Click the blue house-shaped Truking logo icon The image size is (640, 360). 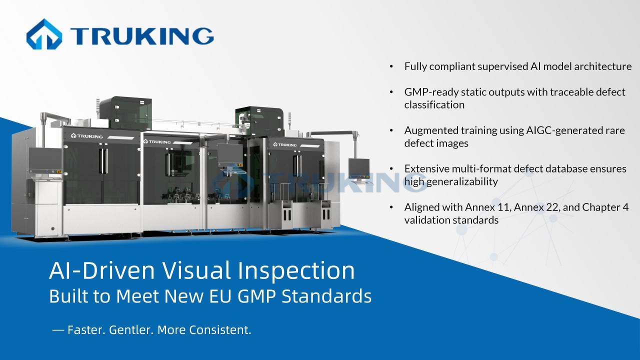(44, 34)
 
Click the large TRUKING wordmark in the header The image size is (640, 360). (142, 35)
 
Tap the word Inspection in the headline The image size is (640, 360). (296, 270)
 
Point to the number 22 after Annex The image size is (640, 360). (552, 207)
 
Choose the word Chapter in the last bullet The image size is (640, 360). (601, 207)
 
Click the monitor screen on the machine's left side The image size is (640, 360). (44, 159)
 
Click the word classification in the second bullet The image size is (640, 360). (434, 105)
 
